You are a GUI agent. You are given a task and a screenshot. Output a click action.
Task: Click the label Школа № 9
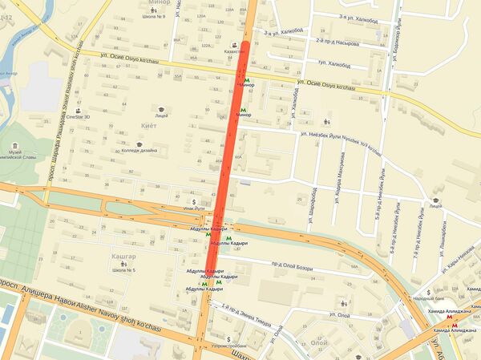point(153,16)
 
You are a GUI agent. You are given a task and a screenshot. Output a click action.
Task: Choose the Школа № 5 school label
point(123,270)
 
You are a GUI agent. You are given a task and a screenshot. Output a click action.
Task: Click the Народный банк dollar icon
point(430,292)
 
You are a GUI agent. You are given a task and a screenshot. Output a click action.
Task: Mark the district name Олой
point(319,341)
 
